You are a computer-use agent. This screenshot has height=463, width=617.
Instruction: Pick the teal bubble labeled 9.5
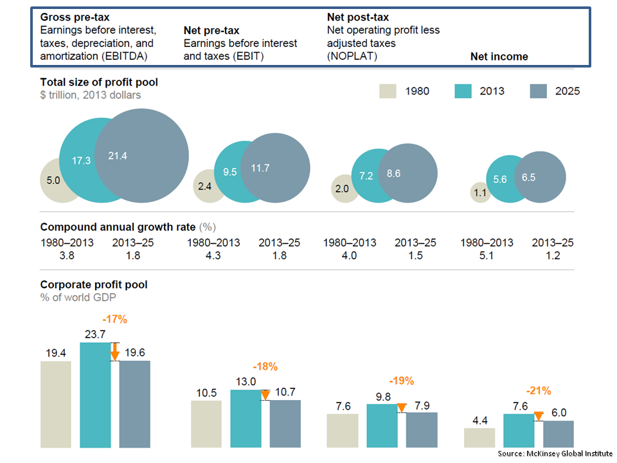click(x=228, y=172)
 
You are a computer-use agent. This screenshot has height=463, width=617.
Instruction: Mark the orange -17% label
click(x=114, y=319)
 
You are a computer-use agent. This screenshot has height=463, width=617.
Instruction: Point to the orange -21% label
click(x=538, y=390)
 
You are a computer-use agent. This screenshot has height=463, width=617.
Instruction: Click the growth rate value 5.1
click(x=487, y=255)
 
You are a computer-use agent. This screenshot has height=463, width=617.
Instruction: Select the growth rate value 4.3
click(x=213, y=255)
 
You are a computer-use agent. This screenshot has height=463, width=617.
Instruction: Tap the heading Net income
click(x=499, y=57)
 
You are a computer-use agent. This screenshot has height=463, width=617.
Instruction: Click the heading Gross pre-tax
click(x=74, y=17)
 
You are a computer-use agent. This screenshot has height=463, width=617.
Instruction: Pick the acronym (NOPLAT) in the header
click(x=352, y=56)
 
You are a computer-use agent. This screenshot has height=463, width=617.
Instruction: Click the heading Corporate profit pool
click(x=94, y=284)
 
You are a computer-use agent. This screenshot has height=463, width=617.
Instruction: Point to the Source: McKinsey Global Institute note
click(x=555, y=453)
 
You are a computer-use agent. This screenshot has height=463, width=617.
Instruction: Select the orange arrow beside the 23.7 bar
click(x=114, y=352)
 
